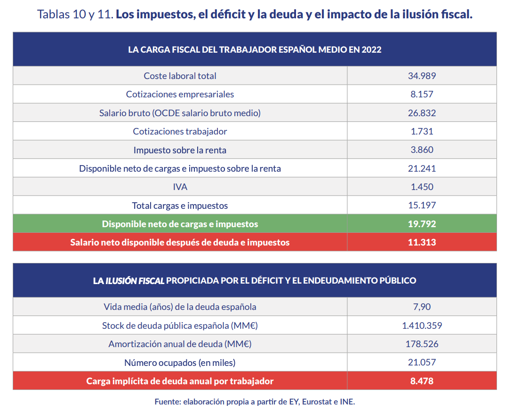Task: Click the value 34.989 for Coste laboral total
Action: (x=422, y=76)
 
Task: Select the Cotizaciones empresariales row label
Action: (x=180, y=95)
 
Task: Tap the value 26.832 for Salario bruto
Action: (x=422, y=113)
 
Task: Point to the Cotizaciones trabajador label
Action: (x=180, y=132)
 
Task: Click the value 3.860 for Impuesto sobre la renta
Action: (x=422, y=150)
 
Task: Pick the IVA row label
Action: (x=180, y=187)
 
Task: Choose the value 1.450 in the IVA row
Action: (x=422, y=187)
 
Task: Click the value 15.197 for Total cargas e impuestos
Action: (x=422, y=206)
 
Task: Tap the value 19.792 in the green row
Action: (x=422, y=224)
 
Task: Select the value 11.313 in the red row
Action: (x=422, y=242)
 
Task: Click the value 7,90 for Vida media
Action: (x=422, y=307)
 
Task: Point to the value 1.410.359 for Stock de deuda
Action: (x=422, y=325)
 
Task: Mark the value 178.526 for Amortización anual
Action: (x=422, y=344)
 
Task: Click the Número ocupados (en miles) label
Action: (x=180, y=363)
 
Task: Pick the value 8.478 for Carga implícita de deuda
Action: (x=422, y=381)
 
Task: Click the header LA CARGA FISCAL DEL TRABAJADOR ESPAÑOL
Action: (x=254, y=50)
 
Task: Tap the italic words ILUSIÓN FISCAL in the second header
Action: (x=135, y=281)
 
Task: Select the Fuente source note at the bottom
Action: (x=255, y=402)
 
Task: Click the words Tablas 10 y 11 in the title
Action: (x=75, y=15)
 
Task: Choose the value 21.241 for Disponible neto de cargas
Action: (x=422, y=168)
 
